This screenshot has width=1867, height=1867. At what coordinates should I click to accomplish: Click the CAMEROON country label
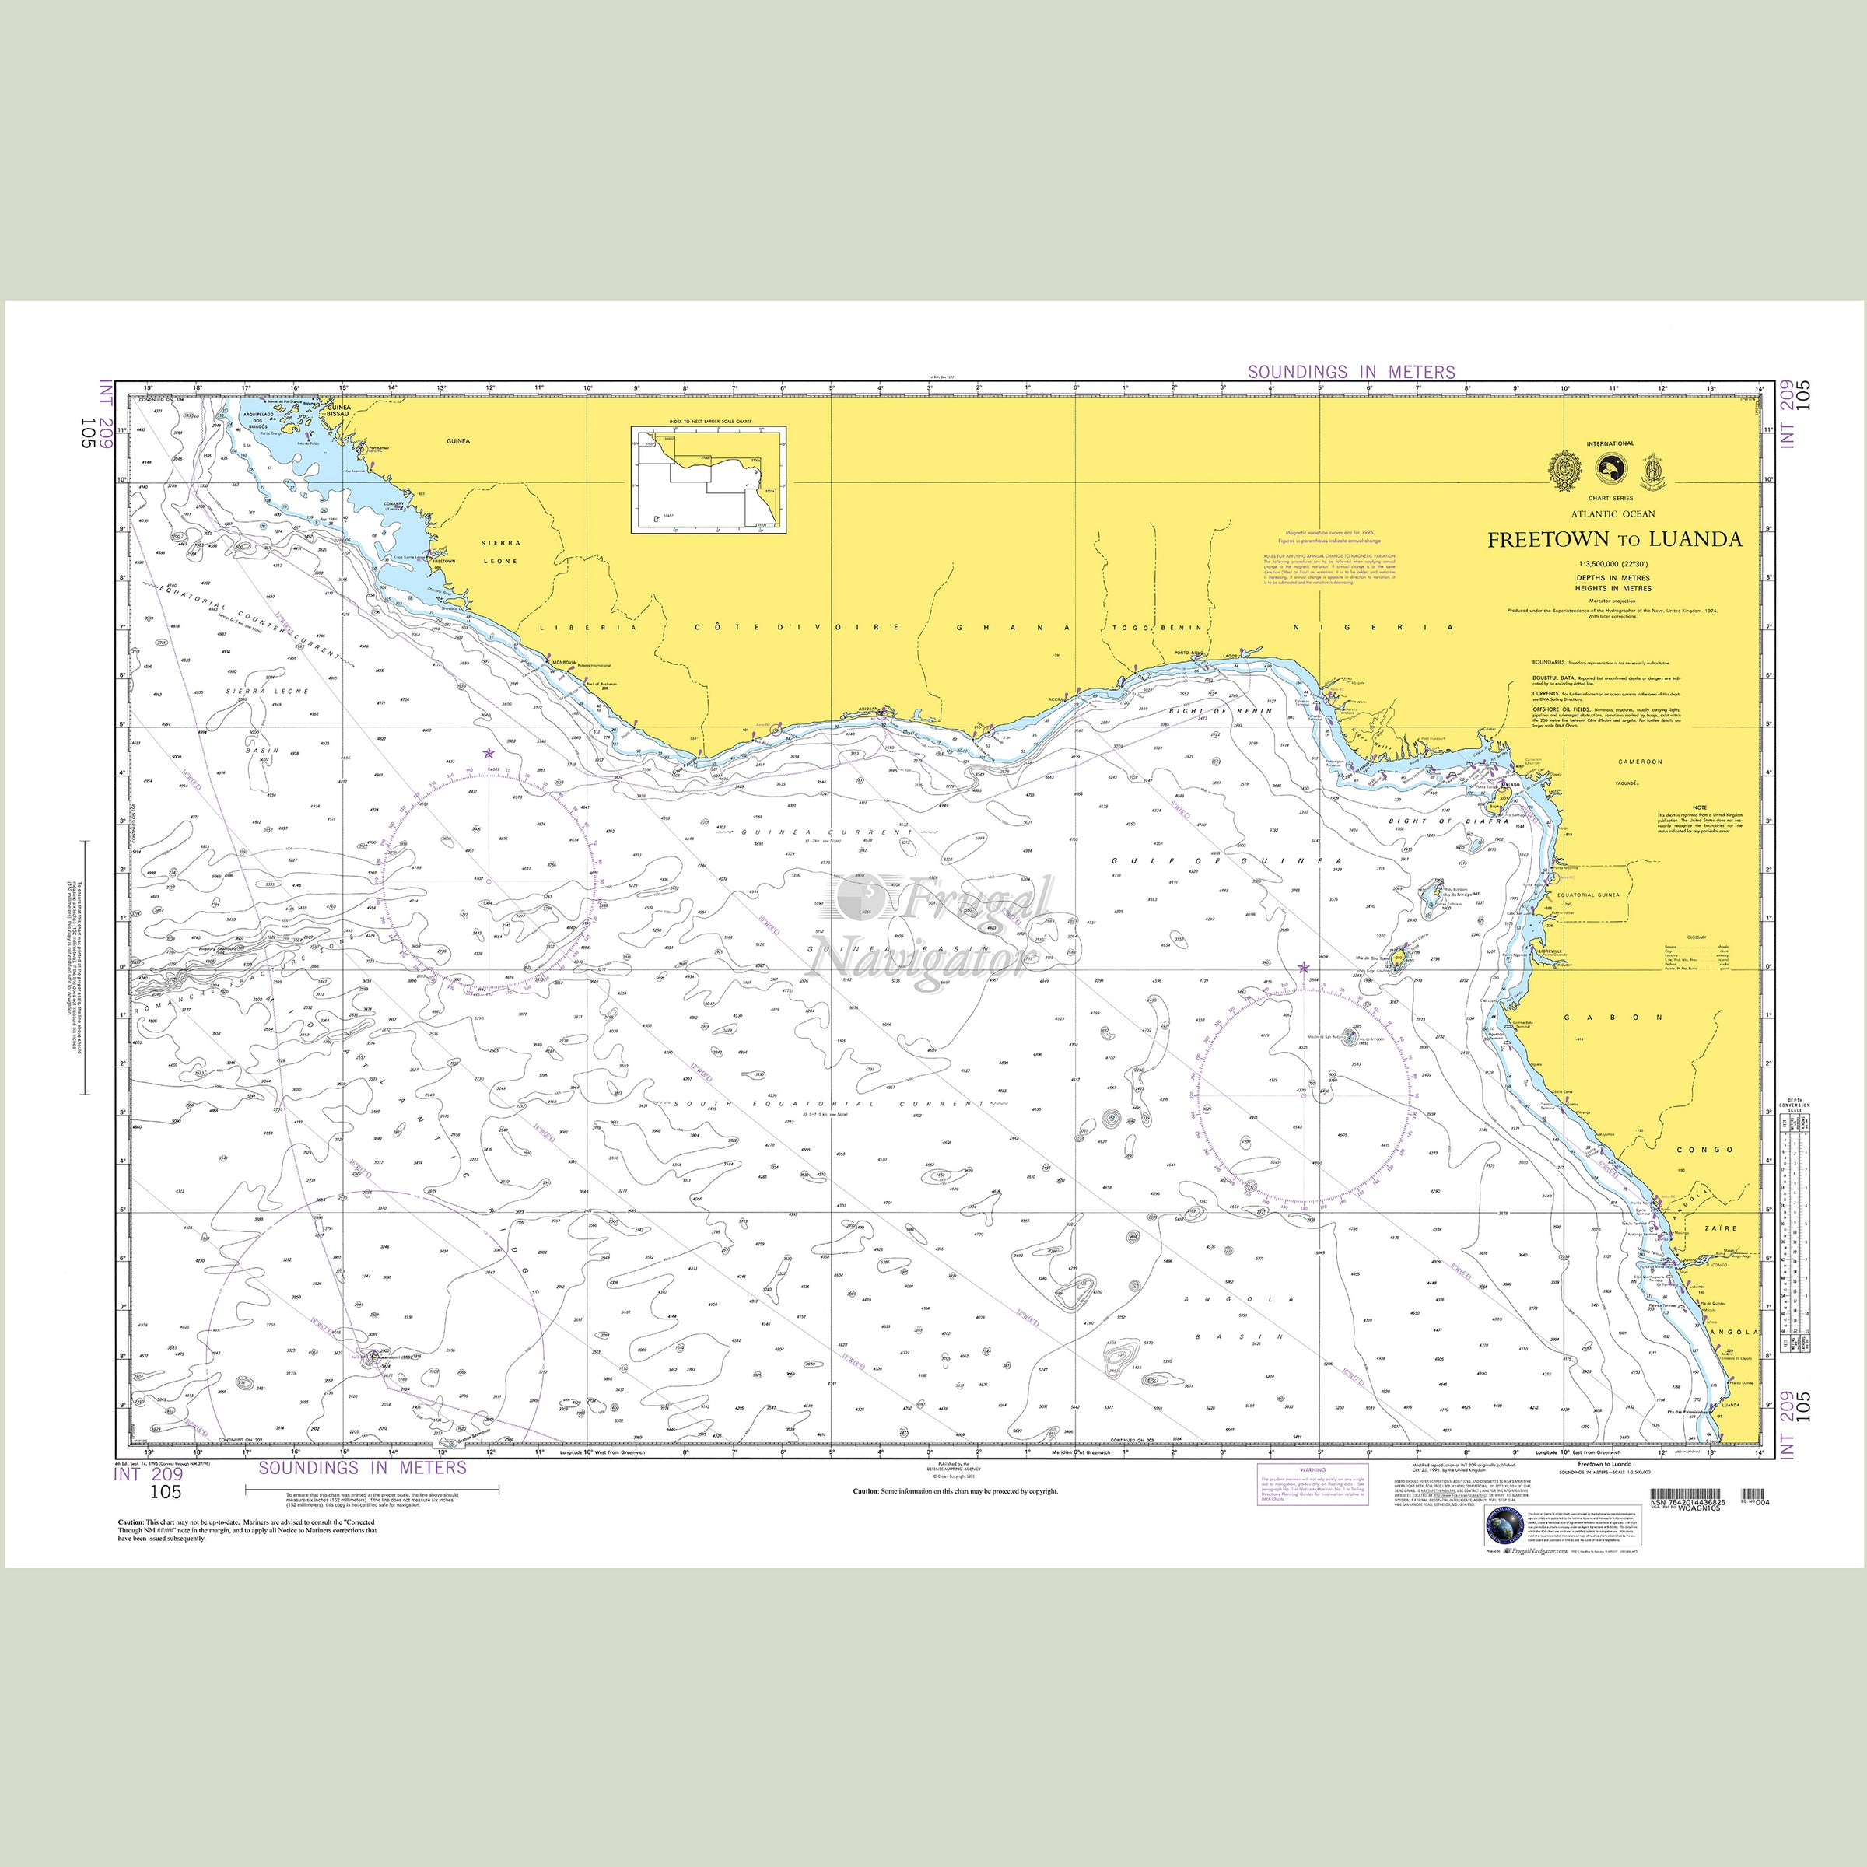click(1640, 762)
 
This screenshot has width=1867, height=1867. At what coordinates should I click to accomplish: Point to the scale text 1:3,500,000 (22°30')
click(1614, 563)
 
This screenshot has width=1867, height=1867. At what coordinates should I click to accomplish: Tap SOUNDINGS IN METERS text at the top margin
click(1350, 372)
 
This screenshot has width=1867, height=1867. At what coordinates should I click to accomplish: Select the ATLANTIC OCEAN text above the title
click(1613, 514)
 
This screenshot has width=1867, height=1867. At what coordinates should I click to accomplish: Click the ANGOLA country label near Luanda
click(1735, 1331)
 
